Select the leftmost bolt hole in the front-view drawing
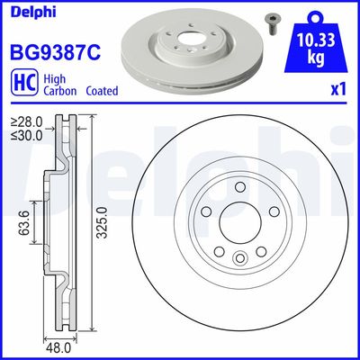pyautogui.click(x=206, y=211)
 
